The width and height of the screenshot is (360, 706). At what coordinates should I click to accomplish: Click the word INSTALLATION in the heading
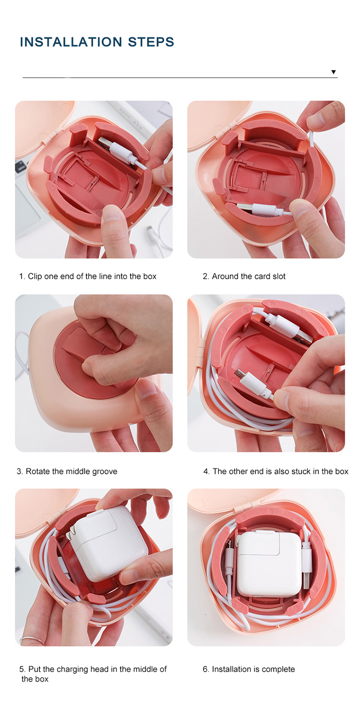pyautogui.click(x=71, y=42)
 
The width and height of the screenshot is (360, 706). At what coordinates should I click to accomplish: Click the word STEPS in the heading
pyautogui.click(x=151, y=42)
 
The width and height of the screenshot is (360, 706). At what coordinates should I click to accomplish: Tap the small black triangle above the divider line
pyautogui.click(x=334, y=72)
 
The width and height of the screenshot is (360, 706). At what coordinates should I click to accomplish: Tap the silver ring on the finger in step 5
pyautogui.click(x=32, y=639)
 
